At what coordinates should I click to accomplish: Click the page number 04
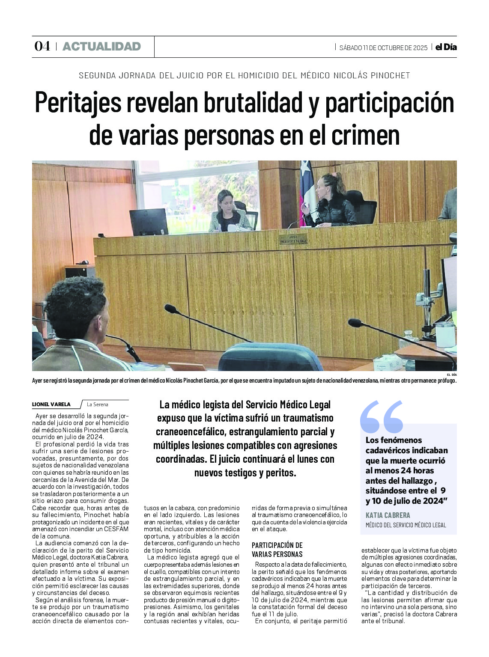coord(42,46)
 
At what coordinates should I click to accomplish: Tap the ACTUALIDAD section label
coord(101,46)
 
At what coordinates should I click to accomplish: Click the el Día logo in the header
coord(446,47)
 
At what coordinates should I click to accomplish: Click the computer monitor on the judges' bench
coord(149,222)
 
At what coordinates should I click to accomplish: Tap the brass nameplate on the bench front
coord(293,239)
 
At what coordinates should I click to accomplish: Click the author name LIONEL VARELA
coord(51,404)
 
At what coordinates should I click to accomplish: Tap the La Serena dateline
coord(98,404)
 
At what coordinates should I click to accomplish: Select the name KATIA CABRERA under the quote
coord(388,515)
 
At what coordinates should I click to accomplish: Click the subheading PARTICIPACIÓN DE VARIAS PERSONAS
coord(277,550)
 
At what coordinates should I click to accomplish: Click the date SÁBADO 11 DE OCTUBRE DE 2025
coord(383,48)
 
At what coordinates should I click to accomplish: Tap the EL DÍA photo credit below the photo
coord(451,375)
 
